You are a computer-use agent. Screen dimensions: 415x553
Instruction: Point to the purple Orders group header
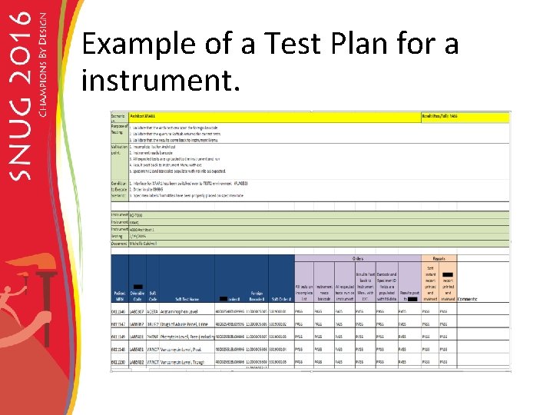point(358,259)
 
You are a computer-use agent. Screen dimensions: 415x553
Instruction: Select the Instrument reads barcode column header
point(325,290)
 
